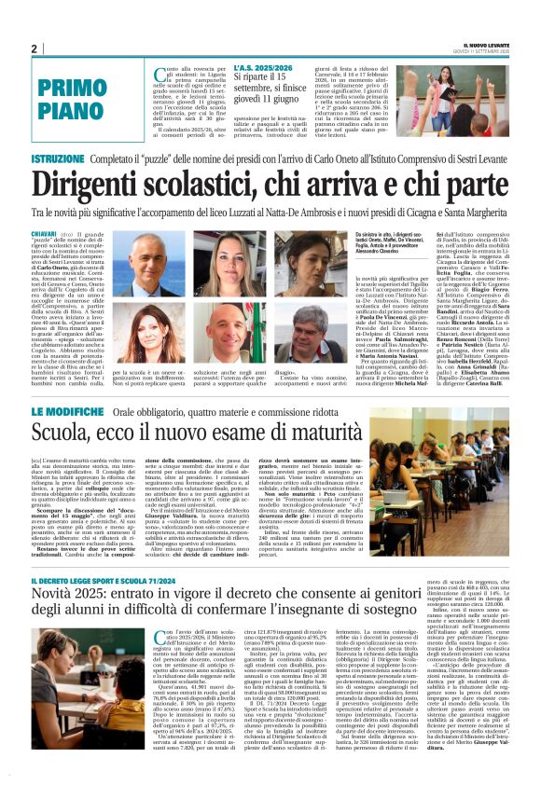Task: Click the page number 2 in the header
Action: pos(34,48)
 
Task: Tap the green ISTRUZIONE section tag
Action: pos(58,160)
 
